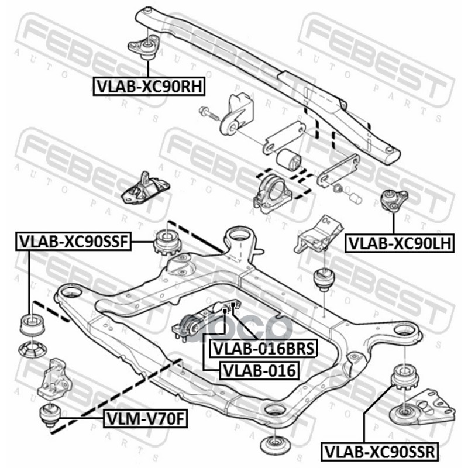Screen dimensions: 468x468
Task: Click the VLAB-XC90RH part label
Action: [149, 86]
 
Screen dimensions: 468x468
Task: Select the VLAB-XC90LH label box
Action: [400, 243]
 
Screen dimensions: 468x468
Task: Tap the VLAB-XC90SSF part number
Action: [74, 242]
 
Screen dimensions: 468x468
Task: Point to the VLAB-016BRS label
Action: [263, 348]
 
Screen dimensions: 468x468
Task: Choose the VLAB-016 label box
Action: [259, 370]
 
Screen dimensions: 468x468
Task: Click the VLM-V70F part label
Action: [145, 419]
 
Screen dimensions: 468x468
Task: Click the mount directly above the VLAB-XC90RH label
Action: [144, 47]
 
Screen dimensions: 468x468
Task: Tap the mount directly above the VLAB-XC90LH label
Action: [393, 200]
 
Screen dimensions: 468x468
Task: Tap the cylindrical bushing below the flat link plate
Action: [289, 159]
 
